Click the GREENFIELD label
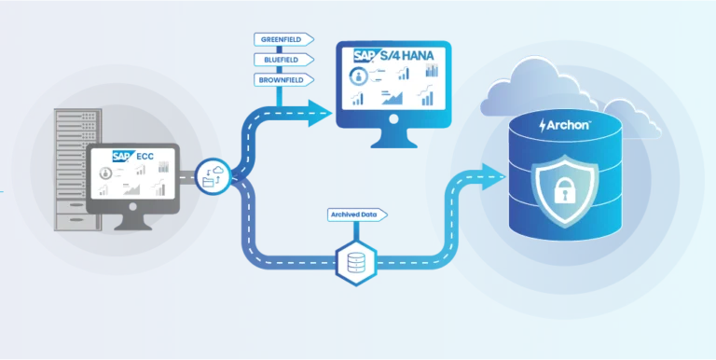pos(283,39)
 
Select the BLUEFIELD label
pos(282,60)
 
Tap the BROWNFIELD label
pos(283,80)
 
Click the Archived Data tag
pos(356,215)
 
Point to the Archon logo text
pos(567,125)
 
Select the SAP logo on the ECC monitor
pos(122,156)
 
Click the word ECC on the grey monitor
pos(145,156)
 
